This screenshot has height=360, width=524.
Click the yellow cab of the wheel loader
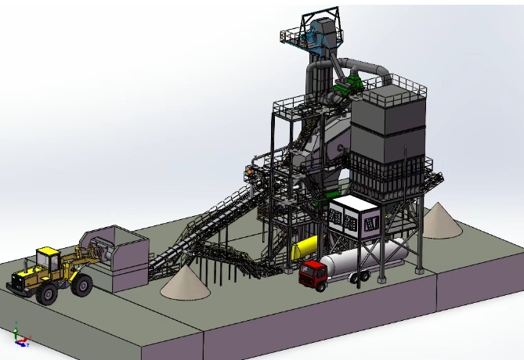point(48,260)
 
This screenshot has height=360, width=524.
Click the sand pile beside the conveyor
point(186,283)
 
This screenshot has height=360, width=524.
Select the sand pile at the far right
point(440,221)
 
